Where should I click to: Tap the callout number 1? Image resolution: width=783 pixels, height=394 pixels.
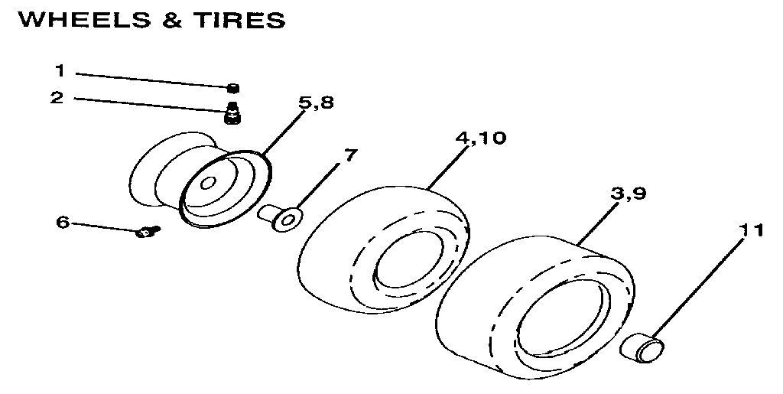tap(60, 71)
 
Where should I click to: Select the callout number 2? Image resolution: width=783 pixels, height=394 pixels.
tap(57, 99)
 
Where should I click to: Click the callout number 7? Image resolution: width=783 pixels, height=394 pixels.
tap(349, 155)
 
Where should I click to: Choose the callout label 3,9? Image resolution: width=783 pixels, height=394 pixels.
tap(629, 194)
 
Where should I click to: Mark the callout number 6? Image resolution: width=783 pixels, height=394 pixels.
tap(63, 223)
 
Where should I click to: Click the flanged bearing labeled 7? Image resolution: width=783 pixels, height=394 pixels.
tap(282, 217)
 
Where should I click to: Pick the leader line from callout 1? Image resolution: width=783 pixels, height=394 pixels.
tap(153, 79)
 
